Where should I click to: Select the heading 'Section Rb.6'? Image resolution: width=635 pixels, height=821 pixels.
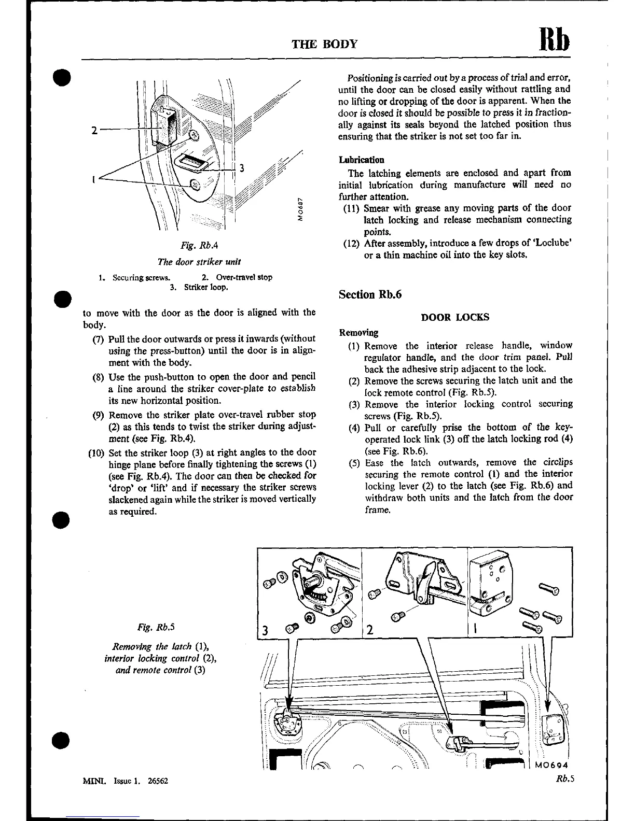[370, 294]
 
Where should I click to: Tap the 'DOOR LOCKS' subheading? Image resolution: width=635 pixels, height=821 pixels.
[455, 317]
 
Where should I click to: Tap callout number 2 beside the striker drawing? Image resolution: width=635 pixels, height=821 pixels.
[94, 130]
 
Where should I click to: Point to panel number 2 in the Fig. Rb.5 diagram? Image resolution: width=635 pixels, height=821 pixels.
[369, 631]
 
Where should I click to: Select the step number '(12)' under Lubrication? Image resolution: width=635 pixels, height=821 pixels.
[352, 243]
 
